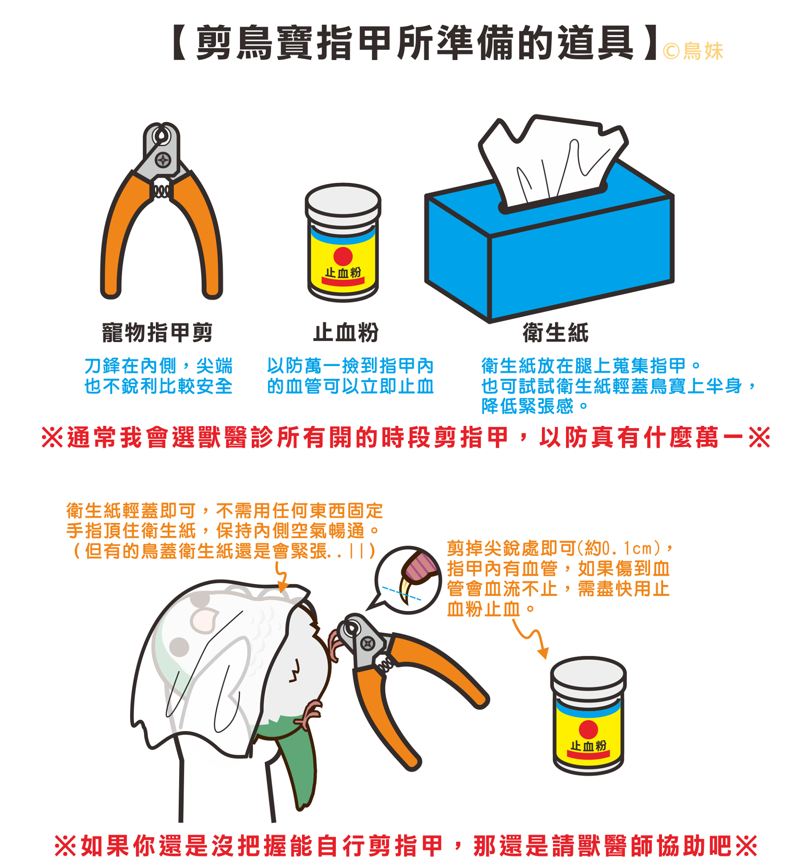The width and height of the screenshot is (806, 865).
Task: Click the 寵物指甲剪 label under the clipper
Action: (157, 333)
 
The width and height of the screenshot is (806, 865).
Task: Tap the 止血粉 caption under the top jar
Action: (346, 333)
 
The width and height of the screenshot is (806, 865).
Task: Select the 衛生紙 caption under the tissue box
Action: (555, 333)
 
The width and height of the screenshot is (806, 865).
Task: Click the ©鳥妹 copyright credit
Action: (693, 52)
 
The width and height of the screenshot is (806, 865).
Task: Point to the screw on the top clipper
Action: (163, 160)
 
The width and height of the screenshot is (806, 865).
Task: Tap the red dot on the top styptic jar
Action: (343, 256)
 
